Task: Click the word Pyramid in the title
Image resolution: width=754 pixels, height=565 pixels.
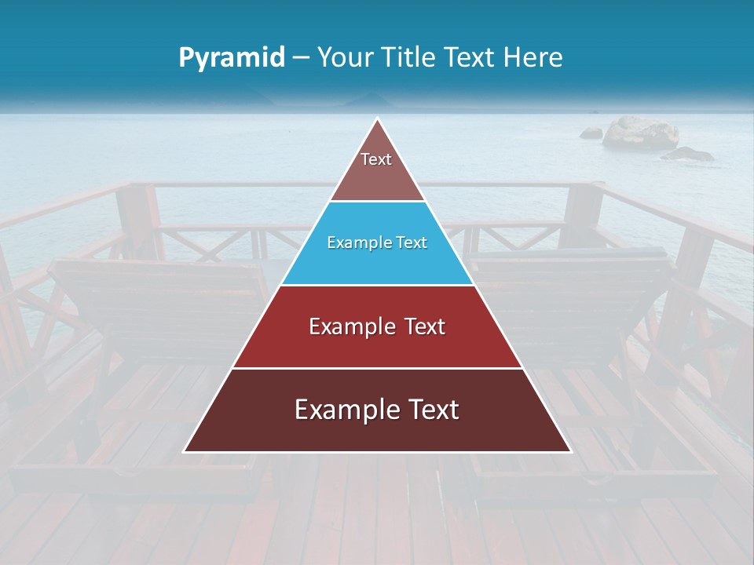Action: [x=232, y=58]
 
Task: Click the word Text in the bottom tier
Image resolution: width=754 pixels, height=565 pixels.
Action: [x=428, y=410]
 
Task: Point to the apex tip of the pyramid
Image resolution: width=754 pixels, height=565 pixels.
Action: [x=377, y=119]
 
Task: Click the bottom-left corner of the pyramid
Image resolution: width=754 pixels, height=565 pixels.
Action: [x=185, y=450]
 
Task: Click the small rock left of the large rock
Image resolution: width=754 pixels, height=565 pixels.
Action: [x=591, y=133]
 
